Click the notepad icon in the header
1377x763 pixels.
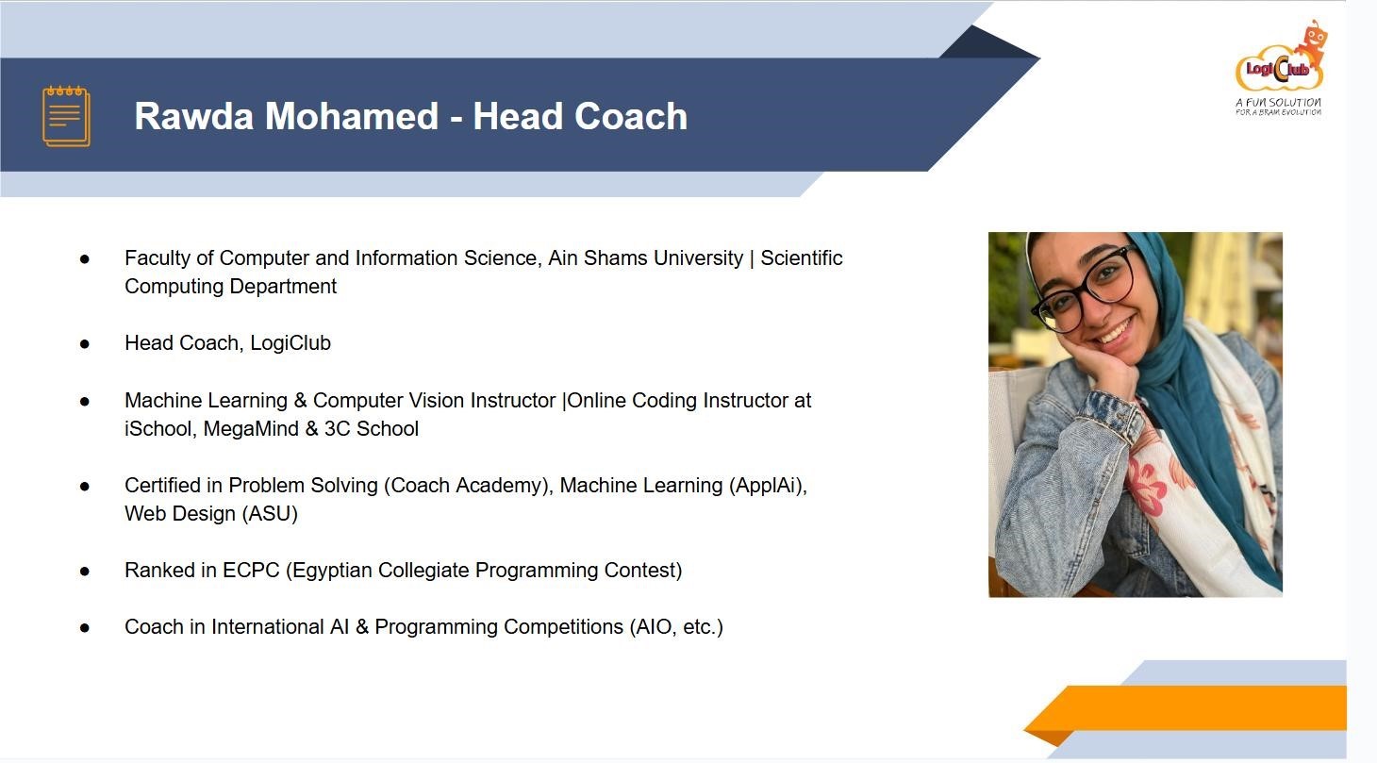tap(66, 116)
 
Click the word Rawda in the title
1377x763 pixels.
tap(193, 116)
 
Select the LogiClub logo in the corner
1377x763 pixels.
tap(1280, 68)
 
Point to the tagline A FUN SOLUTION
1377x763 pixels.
tap(1278, 102)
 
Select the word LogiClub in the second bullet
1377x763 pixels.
tap(290, 342)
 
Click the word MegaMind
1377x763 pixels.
tap(252, 428)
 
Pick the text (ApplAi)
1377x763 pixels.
tap(768, 485)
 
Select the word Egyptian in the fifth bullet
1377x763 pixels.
tap(332, 571)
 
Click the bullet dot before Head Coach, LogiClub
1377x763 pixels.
tap(85, 343)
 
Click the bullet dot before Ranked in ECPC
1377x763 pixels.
tap(85, 572)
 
